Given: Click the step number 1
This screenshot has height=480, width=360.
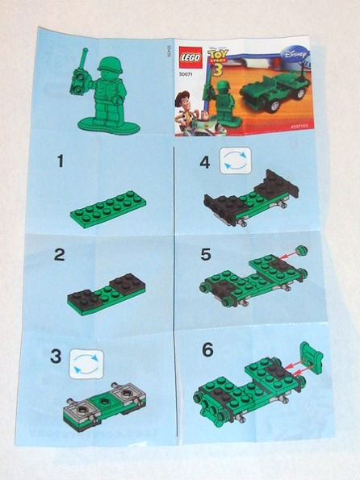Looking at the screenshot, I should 59,162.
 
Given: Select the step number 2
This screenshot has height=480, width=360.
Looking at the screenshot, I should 58,256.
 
